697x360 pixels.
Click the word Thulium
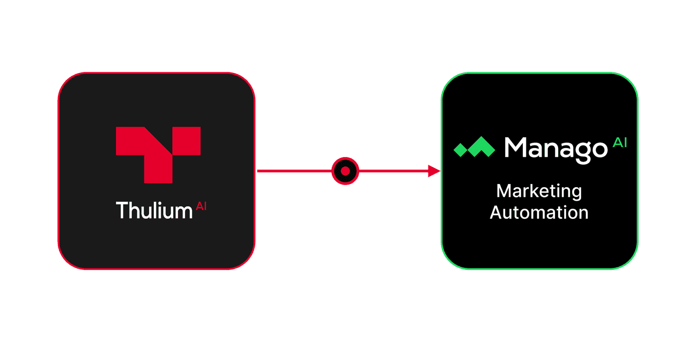[x=154, y=210]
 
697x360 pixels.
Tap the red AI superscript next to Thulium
[x=201, y=206]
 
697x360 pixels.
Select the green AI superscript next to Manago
[x=620, y=143]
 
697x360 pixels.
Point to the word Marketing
[x=539, y=192]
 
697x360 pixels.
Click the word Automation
[x=539, y=212]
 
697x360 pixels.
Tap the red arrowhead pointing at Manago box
[x=434, y=171]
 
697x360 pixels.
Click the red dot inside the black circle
[x=345, y=171]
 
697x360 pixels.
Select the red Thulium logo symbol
[x=158, y=155]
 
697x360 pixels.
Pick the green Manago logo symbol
[x=474, y=146]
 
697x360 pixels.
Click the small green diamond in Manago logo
[x=460, y=150]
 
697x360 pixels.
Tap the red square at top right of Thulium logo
[x=187, y=141]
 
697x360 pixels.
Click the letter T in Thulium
[x=122, y=210]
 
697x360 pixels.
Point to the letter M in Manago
[x=515, y=147]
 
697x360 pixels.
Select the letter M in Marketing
[x=504, y=191]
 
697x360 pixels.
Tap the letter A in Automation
[x=496, y=212]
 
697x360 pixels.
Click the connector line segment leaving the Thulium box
[x=294, y=171]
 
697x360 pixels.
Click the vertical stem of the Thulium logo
[x=158, y=167]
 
